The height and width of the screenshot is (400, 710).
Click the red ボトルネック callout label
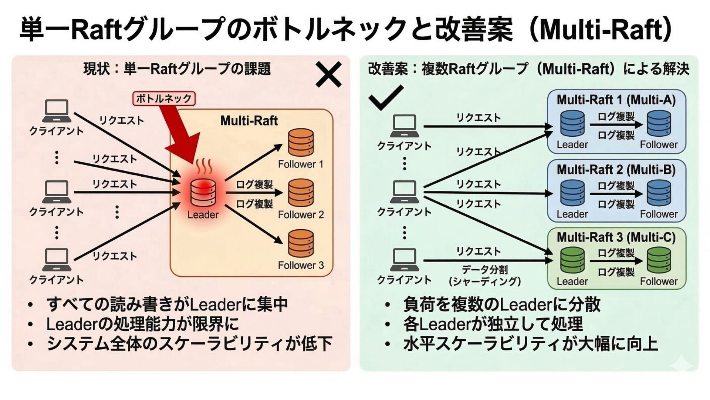tap(163, 99)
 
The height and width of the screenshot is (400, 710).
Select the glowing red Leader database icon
tap(203, 193)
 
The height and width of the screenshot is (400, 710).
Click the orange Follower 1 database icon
tap(301, 143)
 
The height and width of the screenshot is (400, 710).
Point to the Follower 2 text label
tap(301, 215)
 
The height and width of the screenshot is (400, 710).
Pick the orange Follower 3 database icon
tap(301, 244)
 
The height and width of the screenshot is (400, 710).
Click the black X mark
tap(328, 75)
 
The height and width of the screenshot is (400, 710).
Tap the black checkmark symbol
tap(386, 97)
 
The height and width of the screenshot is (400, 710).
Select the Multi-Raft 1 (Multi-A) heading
tap(616, 100)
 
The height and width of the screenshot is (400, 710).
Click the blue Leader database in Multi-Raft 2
tap(572, 193)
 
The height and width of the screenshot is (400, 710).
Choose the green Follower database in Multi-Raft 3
tap(659, 260)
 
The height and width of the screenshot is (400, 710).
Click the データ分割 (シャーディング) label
tap(484, 276)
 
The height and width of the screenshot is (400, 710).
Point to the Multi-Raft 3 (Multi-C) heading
tap(616, 237)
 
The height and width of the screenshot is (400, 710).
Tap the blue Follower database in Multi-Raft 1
tap(659, 124)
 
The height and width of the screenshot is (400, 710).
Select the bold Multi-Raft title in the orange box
tap(249, 121)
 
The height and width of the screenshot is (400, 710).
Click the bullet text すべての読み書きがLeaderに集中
tap(167, 304)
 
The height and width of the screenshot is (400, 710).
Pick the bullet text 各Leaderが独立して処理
tap(493, 324)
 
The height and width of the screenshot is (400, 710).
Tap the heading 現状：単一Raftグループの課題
tap(177, 69)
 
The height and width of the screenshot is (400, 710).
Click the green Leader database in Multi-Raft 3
tap(572, 260)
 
